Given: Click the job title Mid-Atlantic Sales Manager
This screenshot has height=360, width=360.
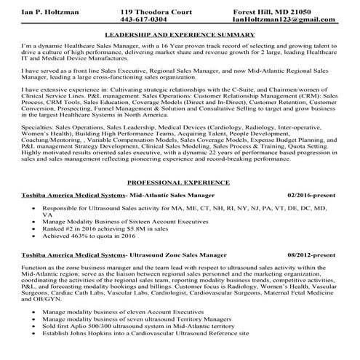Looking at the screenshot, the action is coord(172,196).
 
